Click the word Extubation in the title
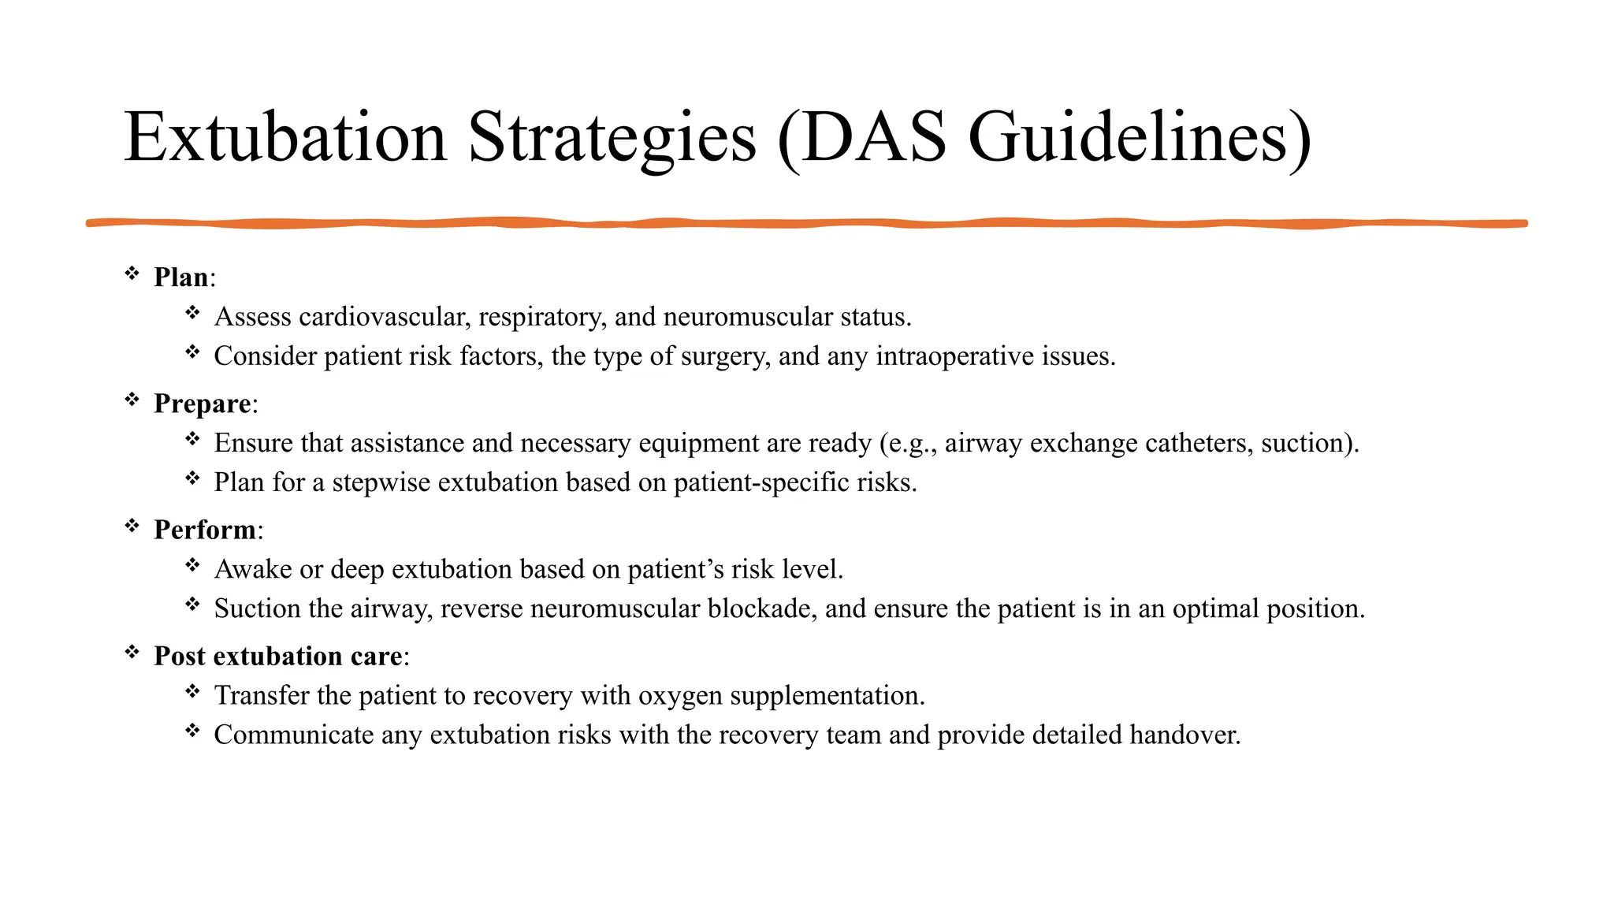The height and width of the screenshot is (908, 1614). (x=285, y=138)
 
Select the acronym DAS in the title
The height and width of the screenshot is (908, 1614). (x=874, y=138)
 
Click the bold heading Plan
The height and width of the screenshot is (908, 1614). (x=181, y=277)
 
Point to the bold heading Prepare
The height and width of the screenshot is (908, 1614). (x=203, y=404)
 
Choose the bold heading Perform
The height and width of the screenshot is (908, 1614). (x=205, y=530)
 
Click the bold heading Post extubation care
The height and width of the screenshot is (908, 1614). (x=278, y=656)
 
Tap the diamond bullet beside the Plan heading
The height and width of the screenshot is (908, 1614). (x=132, y=274)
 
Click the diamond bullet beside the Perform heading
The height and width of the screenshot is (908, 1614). (x=132, y=526)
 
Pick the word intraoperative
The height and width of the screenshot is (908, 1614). (x=955, y=356)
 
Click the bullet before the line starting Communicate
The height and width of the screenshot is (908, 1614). (x=193, y=731)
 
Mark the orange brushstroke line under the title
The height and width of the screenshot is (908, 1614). (x=807, y=224)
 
